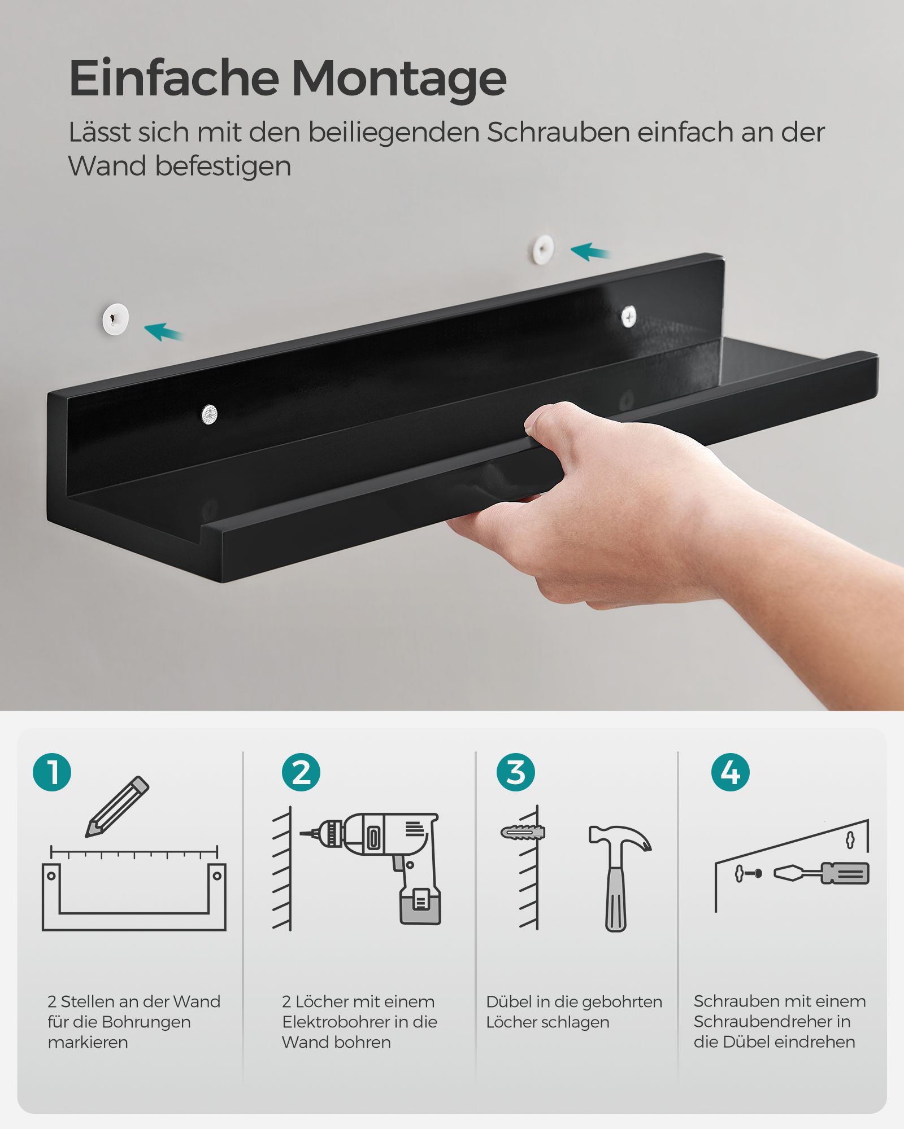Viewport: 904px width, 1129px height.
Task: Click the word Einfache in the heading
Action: coord(173,77)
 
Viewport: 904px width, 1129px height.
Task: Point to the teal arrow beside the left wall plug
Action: coord(164,332)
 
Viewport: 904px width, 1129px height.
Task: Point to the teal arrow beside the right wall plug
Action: coord(590,252)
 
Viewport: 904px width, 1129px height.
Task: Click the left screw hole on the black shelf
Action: coord(209,414)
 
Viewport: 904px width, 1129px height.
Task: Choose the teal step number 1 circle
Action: coord(52,772)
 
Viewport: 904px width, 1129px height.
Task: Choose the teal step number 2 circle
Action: coord(301,772)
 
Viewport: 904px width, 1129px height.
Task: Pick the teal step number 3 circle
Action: coord(516,772)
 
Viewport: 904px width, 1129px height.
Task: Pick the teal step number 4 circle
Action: coord(731,772)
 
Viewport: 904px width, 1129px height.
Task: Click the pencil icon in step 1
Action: coord(117,807)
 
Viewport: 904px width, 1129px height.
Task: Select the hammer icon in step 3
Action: coord(619,878)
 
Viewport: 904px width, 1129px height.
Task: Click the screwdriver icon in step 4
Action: coord(821,873)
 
